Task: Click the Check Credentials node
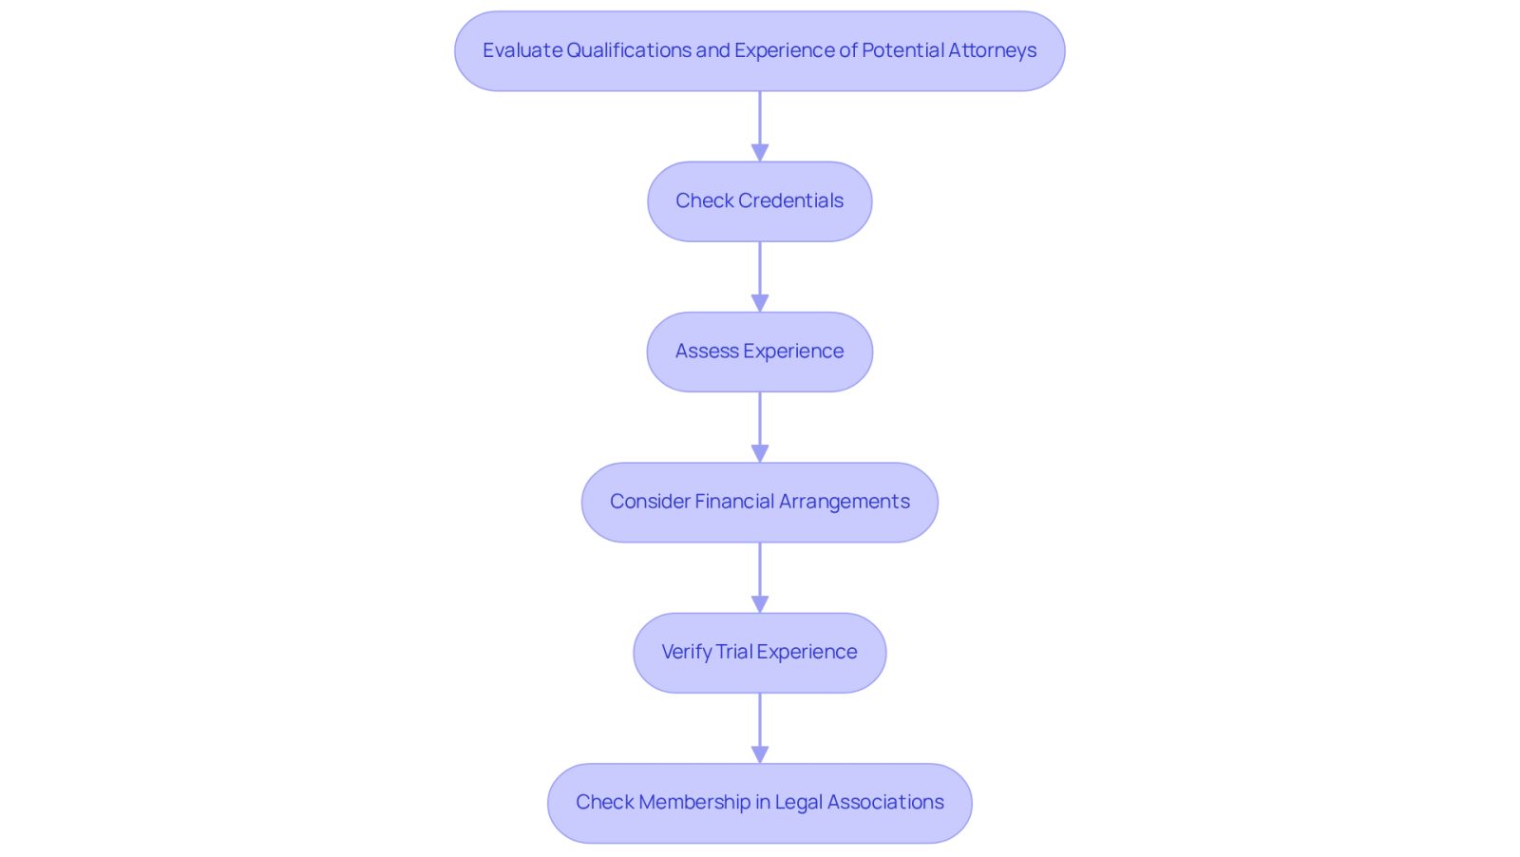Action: tap(759, 201)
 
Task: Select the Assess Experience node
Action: tap(759, 352)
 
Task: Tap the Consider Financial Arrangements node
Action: tap(759, 502)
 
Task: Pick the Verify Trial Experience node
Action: tap(759, 653)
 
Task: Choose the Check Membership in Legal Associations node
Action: tap(759, 804)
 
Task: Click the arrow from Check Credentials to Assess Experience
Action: tap(760, 276)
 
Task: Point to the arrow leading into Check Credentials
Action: tap(760, 126)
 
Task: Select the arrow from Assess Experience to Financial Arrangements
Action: tap(760, 428)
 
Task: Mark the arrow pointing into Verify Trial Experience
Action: tap(760, 578)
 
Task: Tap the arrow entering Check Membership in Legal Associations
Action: tap(760, 728)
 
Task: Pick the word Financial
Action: tap(734, 501)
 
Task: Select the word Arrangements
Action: tap(845, 502)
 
